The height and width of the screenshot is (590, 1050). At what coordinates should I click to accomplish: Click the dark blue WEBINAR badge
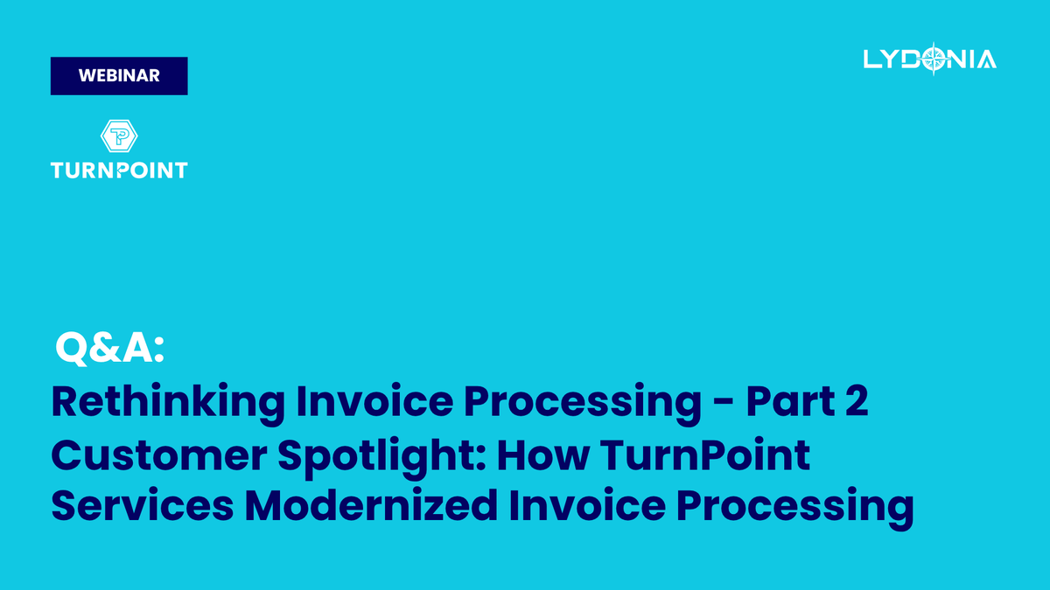[119, 76]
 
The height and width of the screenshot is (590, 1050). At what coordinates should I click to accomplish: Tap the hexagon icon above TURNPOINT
[119, 136]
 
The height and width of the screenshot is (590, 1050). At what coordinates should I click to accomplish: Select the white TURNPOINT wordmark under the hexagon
[119, 170]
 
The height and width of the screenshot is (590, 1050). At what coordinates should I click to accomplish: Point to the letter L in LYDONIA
[871, 59]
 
